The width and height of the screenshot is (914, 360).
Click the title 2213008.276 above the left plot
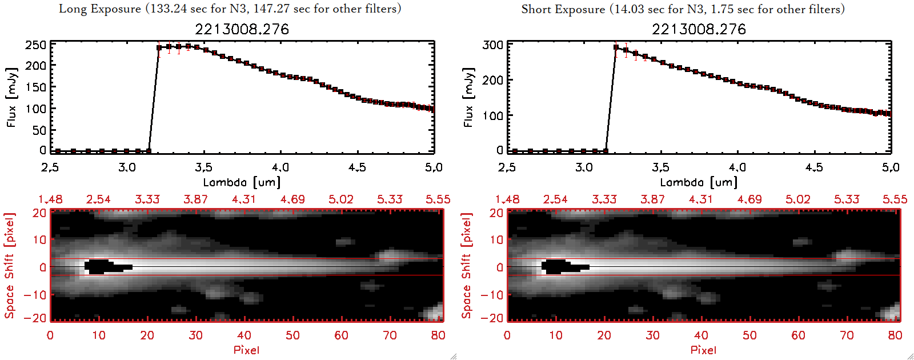[242, 29]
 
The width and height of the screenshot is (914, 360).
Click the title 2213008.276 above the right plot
[699, 29]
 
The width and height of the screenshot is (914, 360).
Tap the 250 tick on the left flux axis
[35, 45]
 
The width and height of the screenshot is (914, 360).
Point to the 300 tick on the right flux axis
[492, 45]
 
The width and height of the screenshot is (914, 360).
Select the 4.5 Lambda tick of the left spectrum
[357, 167]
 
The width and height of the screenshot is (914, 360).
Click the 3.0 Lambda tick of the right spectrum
[584, 167]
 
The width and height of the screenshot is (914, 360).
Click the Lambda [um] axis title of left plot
[242, 182]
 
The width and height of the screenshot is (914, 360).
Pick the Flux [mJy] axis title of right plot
[468, 97]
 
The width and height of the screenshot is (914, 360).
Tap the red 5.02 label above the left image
[341, 199]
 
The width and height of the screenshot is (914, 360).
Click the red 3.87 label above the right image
[652, 199]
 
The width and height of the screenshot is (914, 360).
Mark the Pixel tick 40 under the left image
[244, 335]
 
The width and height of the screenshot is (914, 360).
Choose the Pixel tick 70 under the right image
[847, 335]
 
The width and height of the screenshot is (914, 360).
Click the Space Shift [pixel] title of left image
[10, 266]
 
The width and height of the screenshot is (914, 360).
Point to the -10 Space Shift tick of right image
[492, 295]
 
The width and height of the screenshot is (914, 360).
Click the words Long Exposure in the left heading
[100, 9]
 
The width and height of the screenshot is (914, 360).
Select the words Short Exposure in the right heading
[563, 9]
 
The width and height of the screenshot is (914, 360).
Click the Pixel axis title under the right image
[703, 350]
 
